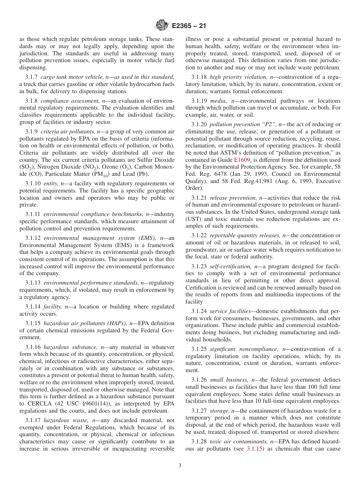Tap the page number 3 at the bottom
[180, 466]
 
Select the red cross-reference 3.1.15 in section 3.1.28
[255, 449]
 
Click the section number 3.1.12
[33, 238]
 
